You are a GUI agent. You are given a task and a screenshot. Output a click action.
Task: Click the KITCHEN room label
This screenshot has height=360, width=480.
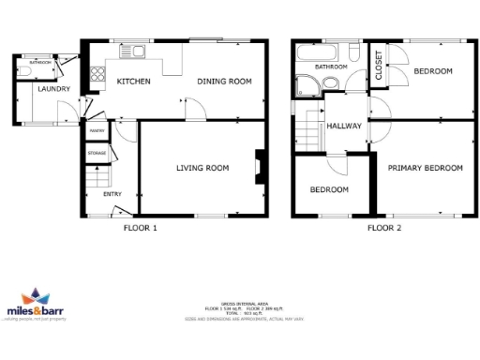pos(133,82)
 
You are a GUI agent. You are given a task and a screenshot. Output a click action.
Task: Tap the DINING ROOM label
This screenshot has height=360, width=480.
pos(225,82)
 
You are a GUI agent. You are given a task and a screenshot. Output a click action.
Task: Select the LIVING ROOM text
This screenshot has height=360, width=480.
pos(203,169)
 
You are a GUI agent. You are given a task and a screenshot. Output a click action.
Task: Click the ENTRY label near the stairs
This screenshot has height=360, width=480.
pos(112,194)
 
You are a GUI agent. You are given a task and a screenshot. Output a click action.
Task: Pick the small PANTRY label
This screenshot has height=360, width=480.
pos(97,132)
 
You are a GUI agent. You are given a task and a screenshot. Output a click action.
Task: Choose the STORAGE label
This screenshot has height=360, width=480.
pos(97,152)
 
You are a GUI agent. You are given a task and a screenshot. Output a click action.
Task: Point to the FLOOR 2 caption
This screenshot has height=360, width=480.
pos(383,228)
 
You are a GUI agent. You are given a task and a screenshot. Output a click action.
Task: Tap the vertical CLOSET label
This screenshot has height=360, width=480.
pos(379,67)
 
